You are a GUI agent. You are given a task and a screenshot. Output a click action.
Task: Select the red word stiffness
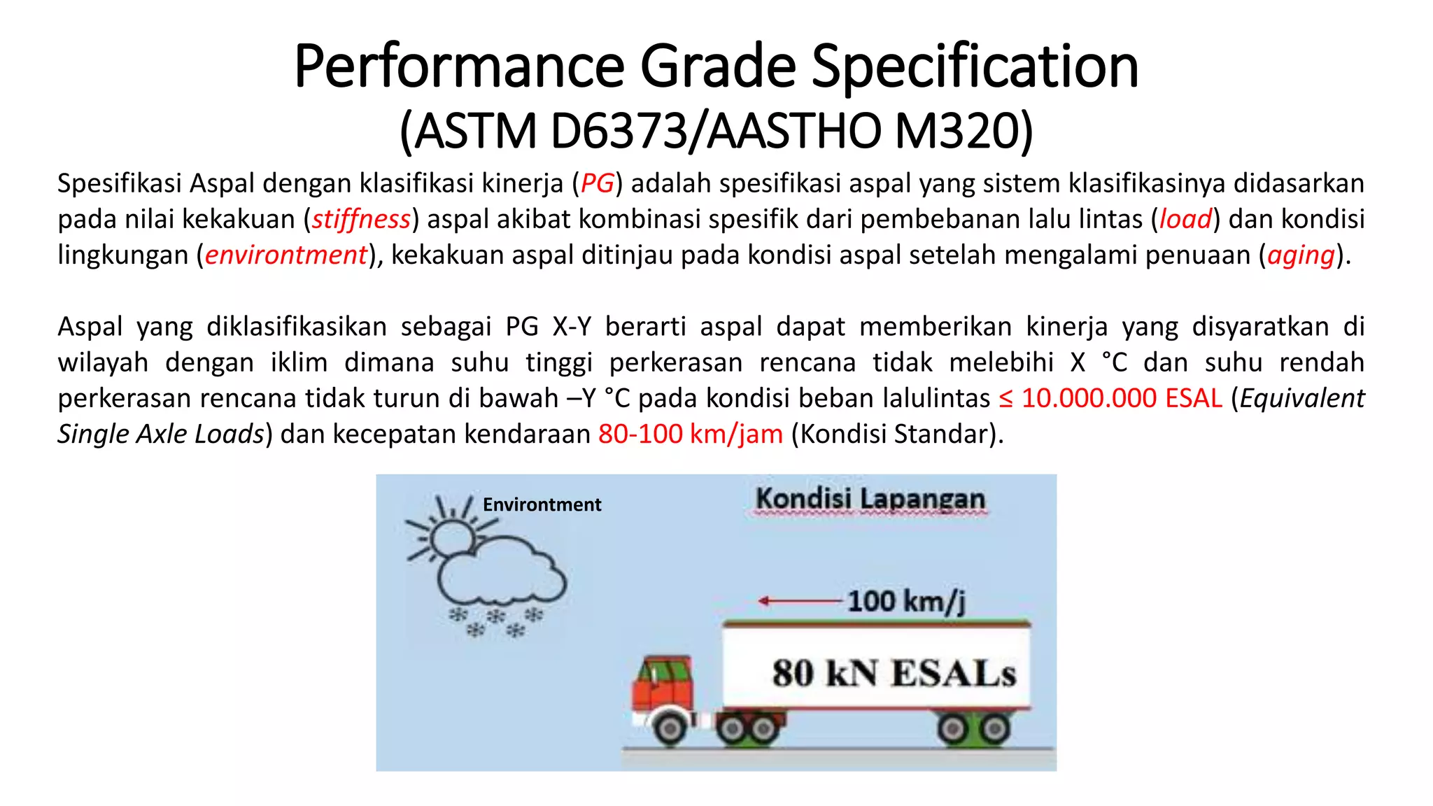coord(361,219)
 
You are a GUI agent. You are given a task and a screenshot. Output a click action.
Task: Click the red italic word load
coord(1185,219)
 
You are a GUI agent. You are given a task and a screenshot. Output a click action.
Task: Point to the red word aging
coord(1301,255)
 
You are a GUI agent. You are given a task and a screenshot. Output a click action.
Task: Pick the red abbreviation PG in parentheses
coord(597,183)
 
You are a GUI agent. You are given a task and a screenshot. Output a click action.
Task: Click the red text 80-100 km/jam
coord(690,434)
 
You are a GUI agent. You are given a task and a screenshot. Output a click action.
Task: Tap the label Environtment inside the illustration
coord(542,504)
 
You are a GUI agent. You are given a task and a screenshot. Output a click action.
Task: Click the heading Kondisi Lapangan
coord(870,499)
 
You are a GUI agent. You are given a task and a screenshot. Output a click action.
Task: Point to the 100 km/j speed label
coord(906,601)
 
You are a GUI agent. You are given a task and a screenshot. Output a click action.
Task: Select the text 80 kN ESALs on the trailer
coord(894,673)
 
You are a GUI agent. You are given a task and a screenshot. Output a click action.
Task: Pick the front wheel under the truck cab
coord(671,728)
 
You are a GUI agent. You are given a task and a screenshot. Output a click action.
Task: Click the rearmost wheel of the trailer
coord(994,730)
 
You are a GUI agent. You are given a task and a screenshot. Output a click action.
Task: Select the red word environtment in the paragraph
coord(285,255)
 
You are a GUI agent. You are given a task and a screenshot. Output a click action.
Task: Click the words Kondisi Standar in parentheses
coord(898,434)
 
